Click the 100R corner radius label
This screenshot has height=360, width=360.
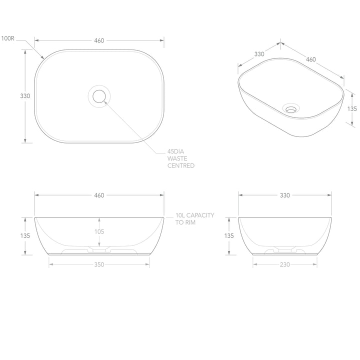[7, 38]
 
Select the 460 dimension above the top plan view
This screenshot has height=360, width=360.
[98, 40]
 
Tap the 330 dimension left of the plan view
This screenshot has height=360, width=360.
[25, 95]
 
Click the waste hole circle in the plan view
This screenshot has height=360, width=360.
[99, 95]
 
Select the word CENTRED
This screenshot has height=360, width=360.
[181, 165]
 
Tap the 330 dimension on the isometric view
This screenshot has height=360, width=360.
[259, 53]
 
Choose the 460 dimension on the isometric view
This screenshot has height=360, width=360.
[311, 59]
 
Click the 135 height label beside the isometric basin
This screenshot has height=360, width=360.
[351, 108]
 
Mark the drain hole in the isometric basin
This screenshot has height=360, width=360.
[290, 107]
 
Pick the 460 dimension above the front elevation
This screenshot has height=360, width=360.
[98, 195]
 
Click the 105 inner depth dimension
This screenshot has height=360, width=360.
[99, 232]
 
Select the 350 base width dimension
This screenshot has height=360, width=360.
[99, 265]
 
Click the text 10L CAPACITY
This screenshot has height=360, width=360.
[194, 215]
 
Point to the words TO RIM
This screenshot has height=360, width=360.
[185, 222]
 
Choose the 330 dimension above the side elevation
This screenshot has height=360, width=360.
[284, 195]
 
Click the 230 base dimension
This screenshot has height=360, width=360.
[284, 265]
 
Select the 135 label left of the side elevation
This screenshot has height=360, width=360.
[229, 235]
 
